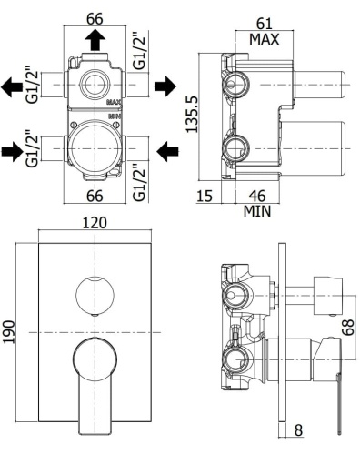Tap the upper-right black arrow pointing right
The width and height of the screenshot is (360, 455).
165,86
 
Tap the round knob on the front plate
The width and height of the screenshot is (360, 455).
89,292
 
